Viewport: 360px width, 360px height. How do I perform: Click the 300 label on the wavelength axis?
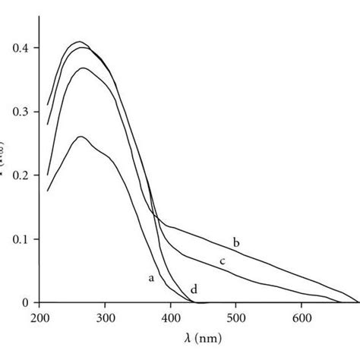click(x=106, y=317)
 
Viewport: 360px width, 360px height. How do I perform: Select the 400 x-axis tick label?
click(x=171, y=317)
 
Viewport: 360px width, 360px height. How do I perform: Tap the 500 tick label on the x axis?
click(x=236, y=317)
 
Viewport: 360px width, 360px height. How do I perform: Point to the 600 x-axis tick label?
click(x=302, y=317)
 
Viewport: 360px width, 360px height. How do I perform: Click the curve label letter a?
click(x=151, y=279)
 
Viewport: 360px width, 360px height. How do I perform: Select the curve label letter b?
click(x=236, y=242)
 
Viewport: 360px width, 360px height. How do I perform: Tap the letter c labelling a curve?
click(x=223, y=262)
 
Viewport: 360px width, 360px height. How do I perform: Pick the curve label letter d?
click(x=194, y=289)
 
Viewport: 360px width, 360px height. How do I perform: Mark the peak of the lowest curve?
click(x=80, y=137)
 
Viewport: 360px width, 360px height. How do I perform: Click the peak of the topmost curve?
click(x=79, y=42)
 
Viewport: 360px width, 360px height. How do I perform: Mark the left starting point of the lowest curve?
click(x=48, y=191)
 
